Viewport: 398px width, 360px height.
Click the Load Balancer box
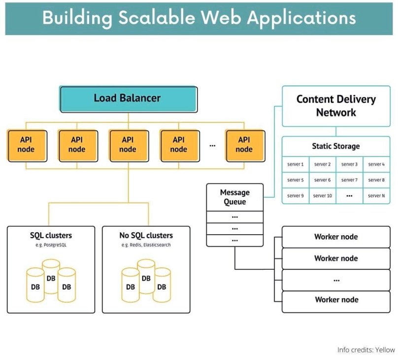click(128, 99)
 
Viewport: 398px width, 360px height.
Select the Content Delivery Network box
click(336, 106)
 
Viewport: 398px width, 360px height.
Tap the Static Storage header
click(336, 146)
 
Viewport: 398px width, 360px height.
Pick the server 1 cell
click(295, 164)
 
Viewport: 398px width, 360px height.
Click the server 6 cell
click(322, 180)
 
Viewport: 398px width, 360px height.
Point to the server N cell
click(376, 196)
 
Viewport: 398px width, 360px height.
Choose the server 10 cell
click(322, 196)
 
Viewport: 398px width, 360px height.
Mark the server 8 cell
click(376, 180)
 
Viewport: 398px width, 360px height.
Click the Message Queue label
click(234, 197)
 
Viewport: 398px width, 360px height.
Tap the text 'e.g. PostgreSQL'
click(51, 245)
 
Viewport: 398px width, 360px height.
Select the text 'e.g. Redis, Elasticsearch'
click(146, 245)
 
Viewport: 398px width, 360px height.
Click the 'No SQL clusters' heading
click(146, 235)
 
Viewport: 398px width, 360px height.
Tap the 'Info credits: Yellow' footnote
click(365, 350)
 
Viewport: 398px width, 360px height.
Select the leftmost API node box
click(26, 144)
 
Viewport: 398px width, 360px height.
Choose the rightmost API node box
click(244, 144)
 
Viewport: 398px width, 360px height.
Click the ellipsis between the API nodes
click(213, 145)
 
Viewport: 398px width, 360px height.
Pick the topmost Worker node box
click(336, 237)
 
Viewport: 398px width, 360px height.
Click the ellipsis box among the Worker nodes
click(336, 280)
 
